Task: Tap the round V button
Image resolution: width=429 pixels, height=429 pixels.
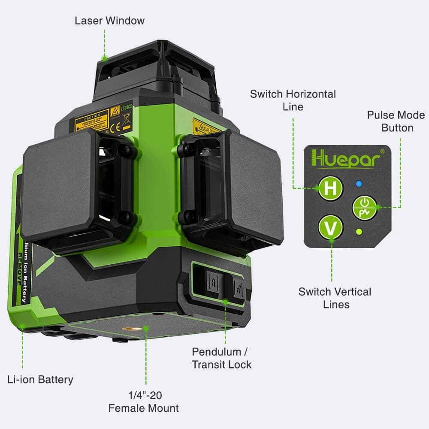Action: [331, 228]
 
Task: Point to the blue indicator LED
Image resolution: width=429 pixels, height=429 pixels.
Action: [360, 184]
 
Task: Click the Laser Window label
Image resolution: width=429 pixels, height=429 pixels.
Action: [109, 21]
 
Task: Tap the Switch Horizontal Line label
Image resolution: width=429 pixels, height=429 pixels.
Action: [293, 100]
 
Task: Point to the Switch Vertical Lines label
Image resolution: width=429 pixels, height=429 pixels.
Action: [335, 298]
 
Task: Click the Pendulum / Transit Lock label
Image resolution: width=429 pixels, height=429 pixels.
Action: [221, 358]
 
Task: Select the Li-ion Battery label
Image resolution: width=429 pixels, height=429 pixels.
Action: [40, 379]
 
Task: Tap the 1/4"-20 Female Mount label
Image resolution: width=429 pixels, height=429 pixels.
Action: [143, 401]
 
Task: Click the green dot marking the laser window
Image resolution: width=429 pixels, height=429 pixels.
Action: [103, 57]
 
